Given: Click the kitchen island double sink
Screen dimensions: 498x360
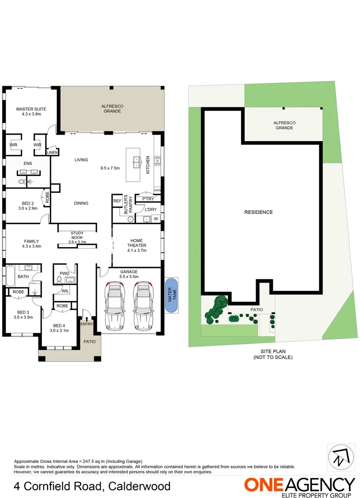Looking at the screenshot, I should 137,161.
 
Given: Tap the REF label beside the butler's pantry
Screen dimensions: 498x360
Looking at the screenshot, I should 117,201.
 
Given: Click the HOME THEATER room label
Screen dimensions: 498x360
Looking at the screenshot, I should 137,245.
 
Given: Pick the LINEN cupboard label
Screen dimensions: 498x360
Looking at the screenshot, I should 52,152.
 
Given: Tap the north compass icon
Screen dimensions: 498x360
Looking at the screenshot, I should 342,458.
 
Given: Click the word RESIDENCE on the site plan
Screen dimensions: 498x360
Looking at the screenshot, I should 258,212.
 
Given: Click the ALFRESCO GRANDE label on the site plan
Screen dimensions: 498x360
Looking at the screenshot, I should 284,125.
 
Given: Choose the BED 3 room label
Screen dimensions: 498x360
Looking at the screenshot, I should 23,314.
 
